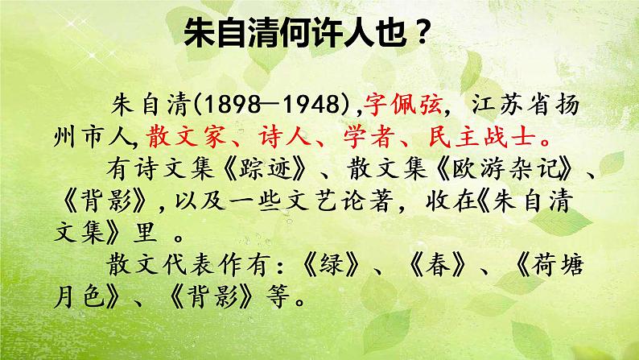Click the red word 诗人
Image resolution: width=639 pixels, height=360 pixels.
click(287, 134)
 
